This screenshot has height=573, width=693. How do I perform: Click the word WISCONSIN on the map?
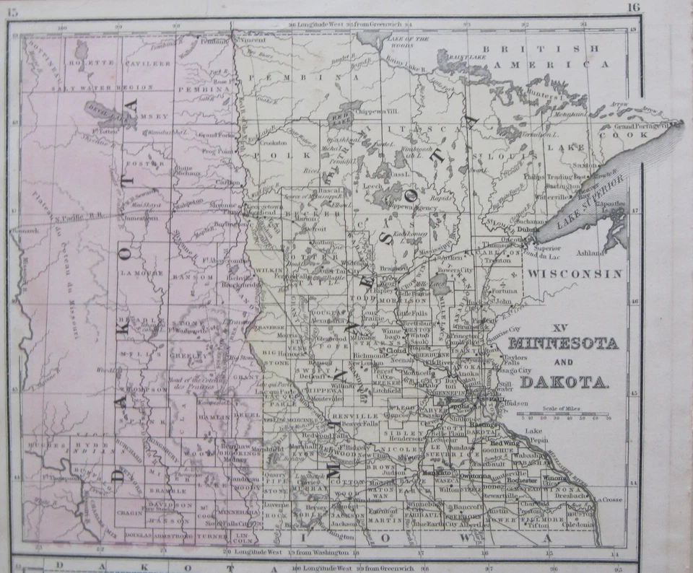(574, 274)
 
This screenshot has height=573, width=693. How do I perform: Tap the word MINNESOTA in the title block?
(563, 344)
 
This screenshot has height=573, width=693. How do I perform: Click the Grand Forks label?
(214, 134)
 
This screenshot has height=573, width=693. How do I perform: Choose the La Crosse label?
(611, 499)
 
